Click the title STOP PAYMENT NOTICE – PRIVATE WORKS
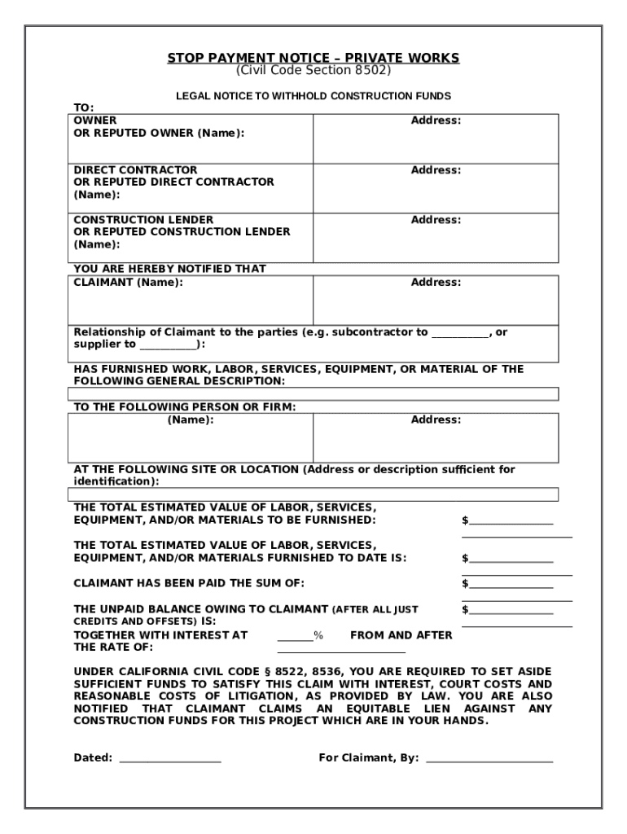(313, 58)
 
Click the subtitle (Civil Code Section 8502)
(313, 70)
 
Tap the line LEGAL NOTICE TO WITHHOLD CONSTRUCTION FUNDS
(313, 96)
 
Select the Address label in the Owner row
(436, 121)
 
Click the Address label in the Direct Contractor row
(436, 170)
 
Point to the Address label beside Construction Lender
(436, 220)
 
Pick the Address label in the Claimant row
(436, 283)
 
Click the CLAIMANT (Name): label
(129, 283)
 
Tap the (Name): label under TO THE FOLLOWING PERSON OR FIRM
(191, 419)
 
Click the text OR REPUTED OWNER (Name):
(159, 133)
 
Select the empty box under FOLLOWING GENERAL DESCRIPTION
(313, 394)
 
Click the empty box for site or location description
(313, 494)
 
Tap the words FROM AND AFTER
(401, 635)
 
